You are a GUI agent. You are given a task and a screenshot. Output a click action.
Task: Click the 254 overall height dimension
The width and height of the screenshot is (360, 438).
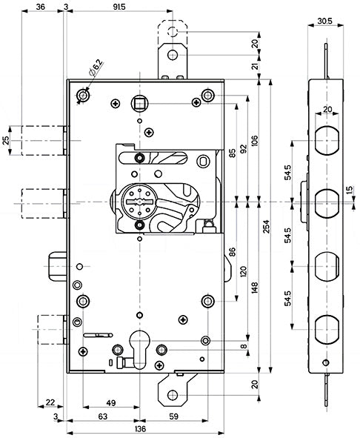pyautogui.click(x=266, y=226)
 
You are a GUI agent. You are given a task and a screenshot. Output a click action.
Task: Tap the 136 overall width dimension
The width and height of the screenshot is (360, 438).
pyautogui.click(x=140, y=428)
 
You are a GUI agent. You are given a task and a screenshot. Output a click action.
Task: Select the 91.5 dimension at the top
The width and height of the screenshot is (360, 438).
pyautogui.click(x=119, y=7)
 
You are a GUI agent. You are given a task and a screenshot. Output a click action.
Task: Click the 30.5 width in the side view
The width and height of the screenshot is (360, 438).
pyautogui.click(x=324, y=21)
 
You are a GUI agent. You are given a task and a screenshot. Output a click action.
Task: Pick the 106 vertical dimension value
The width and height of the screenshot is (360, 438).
pyautogui.click(x=254, y=142)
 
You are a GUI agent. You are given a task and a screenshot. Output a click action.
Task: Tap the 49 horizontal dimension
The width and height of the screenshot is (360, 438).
pyautogui.click(x=111, y=403)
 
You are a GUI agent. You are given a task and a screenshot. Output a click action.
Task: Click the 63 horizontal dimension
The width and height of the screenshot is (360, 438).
pyautogui.click(x=103, y=417)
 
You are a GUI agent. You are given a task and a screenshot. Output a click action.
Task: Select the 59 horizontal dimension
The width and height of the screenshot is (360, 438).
pyautogui.click(x=174, y=417)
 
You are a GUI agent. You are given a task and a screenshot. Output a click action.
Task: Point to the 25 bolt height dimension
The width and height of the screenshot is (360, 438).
pyautogui.click(x=6, y=140)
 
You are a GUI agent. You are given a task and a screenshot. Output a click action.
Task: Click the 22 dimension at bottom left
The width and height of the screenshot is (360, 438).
pyautogui.click(x=50, y=402)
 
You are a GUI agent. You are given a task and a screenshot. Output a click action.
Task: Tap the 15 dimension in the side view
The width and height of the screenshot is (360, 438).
pyautogui.click(x=350, y=190)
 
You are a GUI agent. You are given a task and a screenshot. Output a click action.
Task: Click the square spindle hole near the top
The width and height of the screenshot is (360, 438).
pyautogui.click(x=139, y=104)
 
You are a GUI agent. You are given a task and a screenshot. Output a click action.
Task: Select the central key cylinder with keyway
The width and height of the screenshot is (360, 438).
pyautogui.click(x=139, y=202)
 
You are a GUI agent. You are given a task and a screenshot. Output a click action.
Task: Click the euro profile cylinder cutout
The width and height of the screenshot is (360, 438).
pyautogui.click(x=140, y=349)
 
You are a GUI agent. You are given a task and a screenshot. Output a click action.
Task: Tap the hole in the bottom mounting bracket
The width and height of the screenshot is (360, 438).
pyautogui.click(x=173, y=395)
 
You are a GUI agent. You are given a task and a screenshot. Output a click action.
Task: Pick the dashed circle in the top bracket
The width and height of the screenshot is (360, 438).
pyautogui.click(x=173, y=31)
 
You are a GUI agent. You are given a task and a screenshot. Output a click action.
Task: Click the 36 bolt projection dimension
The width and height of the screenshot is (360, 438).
pyautogui.click(x=41, y=7)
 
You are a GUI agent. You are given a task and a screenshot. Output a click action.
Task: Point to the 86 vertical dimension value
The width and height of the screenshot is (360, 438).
pyautogui.click(x=232, y=252)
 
